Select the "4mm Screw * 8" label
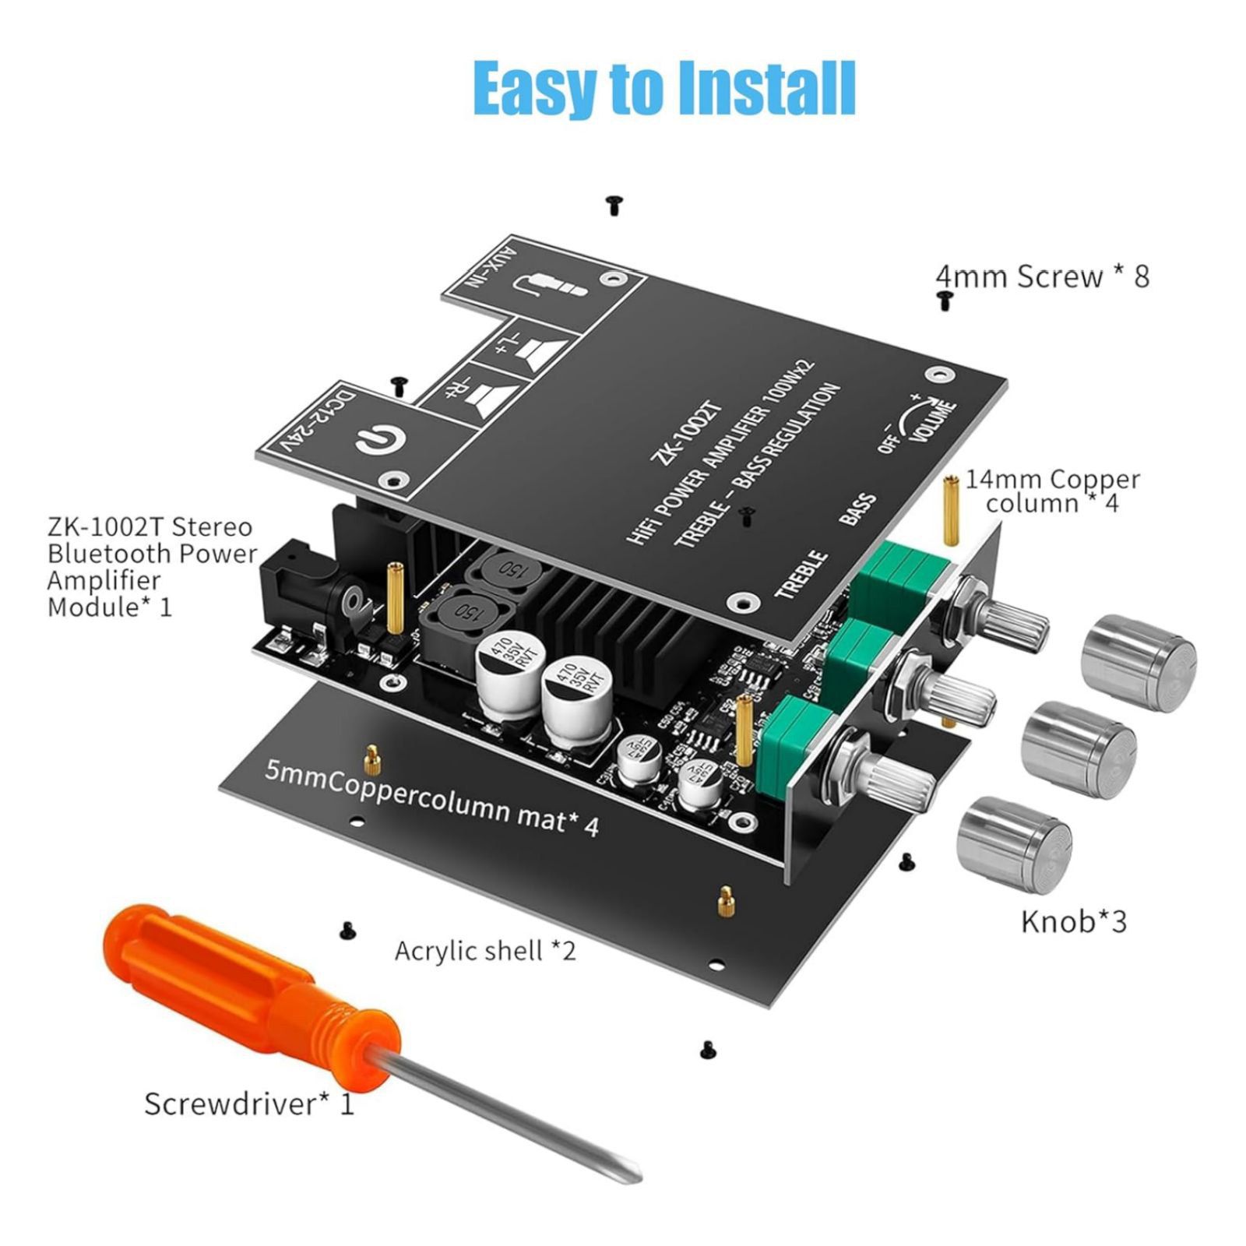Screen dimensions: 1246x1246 pos(1042,276)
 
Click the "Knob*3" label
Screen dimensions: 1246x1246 pos(1073,921)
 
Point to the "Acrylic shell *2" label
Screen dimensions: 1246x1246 pos(484,951)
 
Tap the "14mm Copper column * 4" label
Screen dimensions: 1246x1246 pos(1052,491)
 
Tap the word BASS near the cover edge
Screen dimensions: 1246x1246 pos(858,510)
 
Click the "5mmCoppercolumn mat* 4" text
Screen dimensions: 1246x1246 pos(432,798)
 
